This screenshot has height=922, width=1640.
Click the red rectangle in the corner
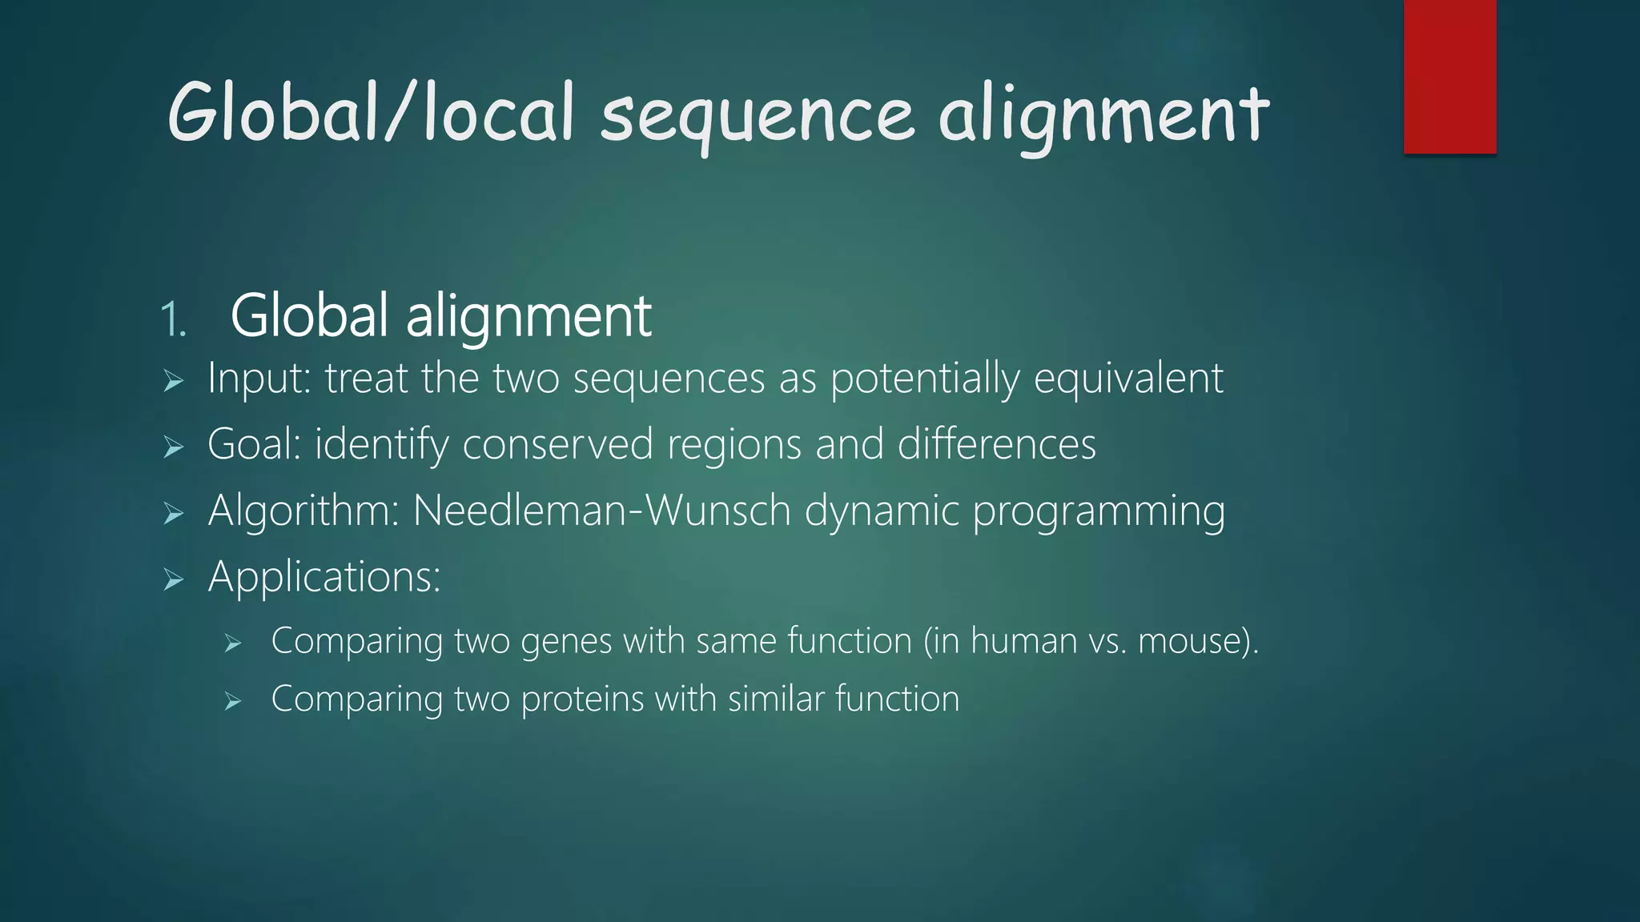pos(1449,77)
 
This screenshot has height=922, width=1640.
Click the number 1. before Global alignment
pos(173,320)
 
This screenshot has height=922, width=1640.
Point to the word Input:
pos(259,379)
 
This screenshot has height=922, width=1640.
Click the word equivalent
pos(1128,379)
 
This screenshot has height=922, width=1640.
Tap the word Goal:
pos(254,444)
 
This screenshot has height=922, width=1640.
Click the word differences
pos(996,444)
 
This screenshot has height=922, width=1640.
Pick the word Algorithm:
pos(303,511)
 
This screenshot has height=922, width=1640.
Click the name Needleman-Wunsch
pos(601,511)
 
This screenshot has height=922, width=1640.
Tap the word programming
pos(1098,511)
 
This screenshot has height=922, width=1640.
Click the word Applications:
pos(324,577)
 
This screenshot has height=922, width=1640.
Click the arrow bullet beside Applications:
pos(174,579)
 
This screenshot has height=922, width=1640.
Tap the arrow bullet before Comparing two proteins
pos(233,702)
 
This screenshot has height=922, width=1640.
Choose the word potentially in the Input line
pos(925,379)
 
